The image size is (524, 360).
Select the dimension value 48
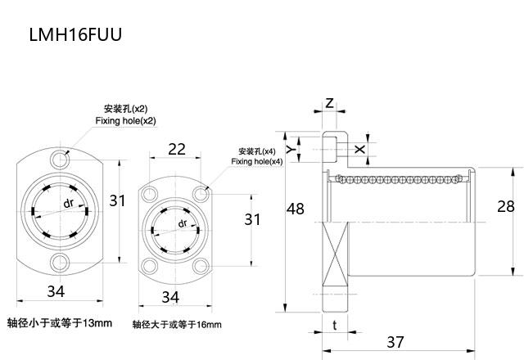[x=296, y=209]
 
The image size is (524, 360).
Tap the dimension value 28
[x=506, y=206]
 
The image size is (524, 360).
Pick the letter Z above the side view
[x=328, y=103]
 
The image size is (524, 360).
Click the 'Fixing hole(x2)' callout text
[x=124, y=121]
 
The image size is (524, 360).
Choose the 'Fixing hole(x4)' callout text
[x=256, y=162]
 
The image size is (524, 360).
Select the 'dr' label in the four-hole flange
[x=181, y=223]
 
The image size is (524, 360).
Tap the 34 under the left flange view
[x=56, y=292]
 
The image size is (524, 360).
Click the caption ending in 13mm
[x=59, y=322]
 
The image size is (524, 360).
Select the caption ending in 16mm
[x=177, y=325]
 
